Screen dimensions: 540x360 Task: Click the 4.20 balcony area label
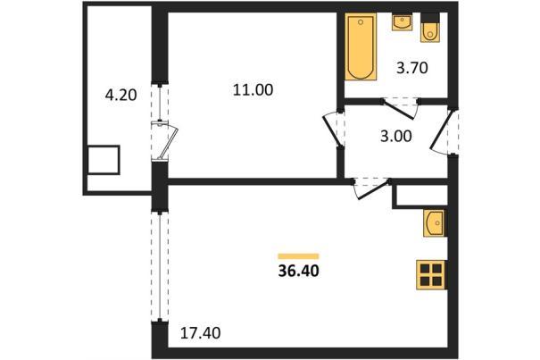pyautogui.click(x=120, y=95)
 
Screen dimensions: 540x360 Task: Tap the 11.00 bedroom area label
pyautogui.click(x=253, y=89)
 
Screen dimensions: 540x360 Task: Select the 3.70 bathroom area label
pyautogui.click(x=412, y=68)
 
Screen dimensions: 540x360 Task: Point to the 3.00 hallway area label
pyautogui.click(x=396, y=136)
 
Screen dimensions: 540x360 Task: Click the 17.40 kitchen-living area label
pyautogui.click(x=201, y=333)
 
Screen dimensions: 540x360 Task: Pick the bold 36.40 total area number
pyautogui.click(x=299, y=271)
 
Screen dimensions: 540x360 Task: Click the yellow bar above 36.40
pyautogui.click(x=299, y=256)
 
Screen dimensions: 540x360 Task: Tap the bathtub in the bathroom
pyautogui.click(x=361, y=46)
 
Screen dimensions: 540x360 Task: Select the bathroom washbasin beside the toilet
pyautogui.click(x=402, y=22)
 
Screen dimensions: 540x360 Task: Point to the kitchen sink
pyautogui.click(x=435, y=223)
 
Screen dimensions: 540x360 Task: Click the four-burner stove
pyautogui.click(x=432, y=275)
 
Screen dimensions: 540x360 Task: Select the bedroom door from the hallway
pyautogui.click(x=333, y=129)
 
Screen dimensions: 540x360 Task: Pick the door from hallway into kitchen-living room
pyautogui.click(x=372, y=189)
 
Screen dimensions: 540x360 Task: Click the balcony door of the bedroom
pyautogui.click(x=164, y=140)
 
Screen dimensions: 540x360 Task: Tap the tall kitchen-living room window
pyautogui.click(x=160, y=266)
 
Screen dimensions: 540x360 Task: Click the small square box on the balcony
pyautogui.click(x=104, y=160)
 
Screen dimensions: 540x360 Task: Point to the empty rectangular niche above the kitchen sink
pyautogui.click(x=420, y=197)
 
